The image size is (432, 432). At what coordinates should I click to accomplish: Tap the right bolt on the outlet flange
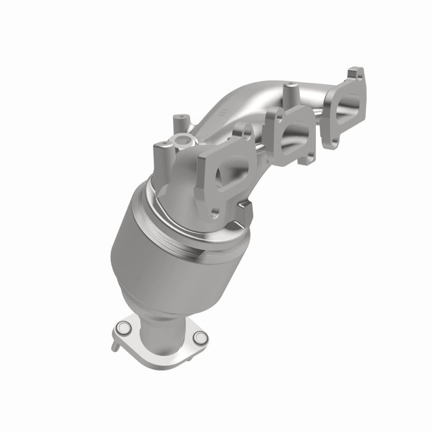point(199,337)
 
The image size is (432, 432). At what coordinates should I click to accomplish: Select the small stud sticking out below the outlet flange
point(115,345)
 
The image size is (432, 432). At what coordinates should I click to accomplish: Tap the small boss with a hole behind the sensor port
point(181,118)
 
